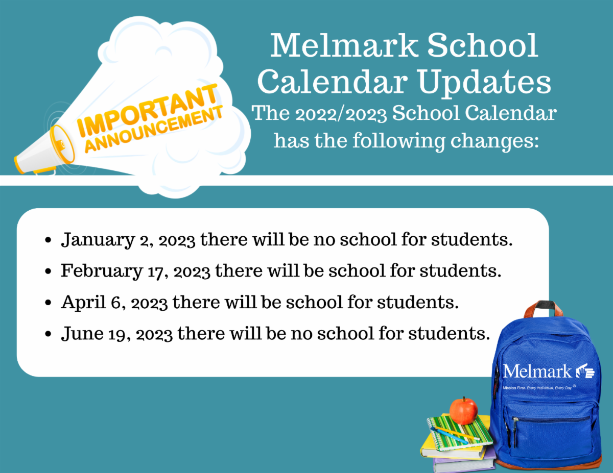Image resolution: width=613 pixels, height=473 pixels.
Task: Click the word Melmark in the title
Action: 343,46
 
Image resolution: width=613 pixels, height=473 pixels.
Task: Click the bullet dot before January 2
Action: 48,240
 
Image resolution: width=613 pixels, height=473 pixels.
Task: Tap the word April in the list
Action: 78,303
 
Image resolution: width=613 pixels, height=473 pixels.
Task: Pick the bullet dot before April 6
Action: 48,303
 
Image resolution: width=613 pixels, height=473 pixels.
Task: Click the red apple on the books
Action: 463,411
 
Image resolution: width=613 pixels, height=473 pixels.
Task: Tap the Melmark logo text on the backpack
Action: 537,371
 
